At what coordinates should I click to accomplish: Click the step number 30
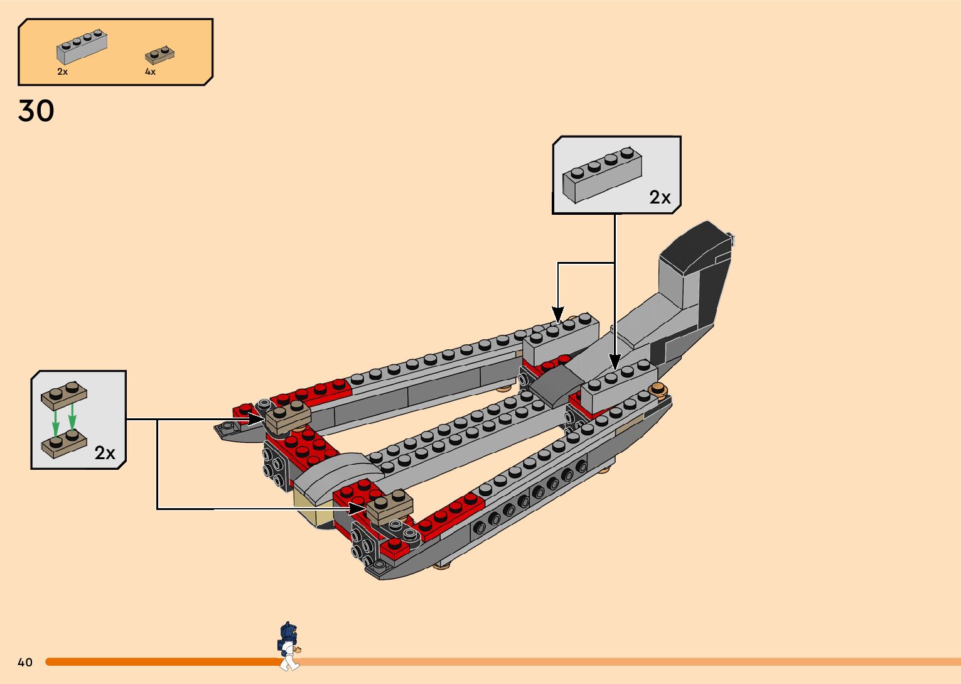tap(36, 111)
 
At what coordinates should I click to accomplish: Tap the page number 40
tap(25, 662)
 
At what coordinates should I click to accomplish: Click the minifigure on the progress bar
tap(288, 646)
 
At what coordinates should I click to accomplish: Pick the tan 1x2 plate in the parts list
tap(160, 55)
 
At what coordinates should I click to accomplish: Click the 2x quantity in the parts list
tap(62, 72)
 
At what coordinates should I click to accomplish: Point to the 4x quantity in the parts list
tap(150, 72)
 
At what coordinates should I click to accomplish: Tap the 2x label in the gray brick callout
tap(660, 197)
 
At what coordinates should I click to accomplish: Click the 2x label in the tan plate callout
tap(105, 452)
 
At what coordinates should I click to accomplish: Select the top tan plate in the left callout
tap(64, 393)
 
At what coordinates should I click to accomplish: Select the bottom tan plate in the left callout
tap(64, 443)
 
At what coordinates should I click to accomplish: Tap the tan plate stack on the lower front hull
tap(390, 506)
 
